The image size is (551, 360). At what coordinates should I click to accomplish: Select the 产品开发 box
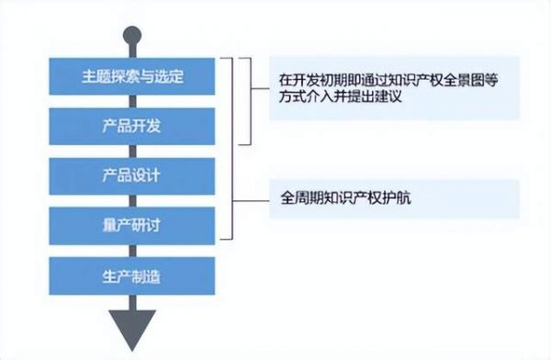coord(134,125)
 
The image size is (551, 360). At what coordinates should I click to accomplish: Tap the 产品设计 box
coord(134,174)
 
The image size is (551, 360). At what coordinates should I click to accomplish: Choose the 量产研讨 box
coord(134,224)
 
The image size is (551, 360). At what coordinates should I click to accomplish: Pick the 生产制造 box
coord(134,274)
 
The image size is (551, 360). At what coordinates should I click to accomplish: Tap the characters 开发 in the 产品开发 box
coord(147,125)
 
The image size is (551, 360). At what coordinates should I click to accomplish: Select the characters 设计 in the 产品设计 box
coord(147,174)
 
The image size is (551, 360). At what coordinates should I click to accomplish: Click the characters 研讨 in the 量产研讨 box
coord(147,224)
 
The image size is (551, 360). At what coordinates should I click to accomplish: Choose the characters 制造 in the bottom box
coord(147,274)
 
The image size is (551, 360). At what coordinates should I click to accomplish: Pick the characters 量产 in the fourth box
coord(120,224)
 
